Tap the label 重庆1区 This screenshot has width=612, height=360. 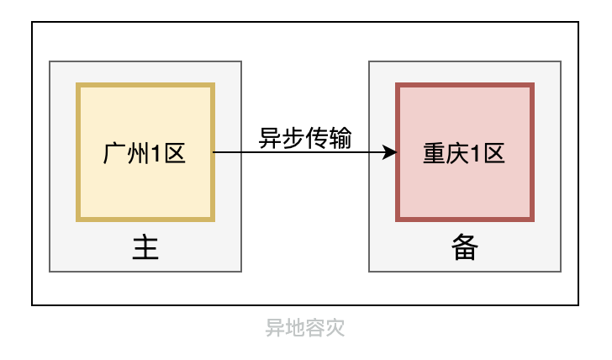point(463,152)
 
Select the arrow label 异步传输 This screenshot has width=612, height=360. point(304,137)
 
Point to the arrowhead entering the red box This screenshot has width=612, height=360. point(390,152)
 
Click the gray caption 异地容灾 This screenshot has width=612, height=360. point(305,327)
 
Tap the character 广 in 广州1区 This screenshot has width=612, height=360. point(113,152)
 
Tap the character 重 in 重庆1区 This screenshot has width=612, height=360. point(433,152)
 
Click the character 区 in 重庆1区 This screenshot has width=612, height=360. point(493,152)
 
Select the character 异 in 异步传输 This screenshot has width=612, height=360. point(269,137)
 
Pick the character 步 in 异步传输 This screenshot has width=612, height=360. point(293,137)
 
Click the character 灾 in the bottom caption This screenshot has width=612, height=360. point(335,327)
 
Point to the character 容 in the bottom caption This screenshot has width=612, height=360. point(315,327)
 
